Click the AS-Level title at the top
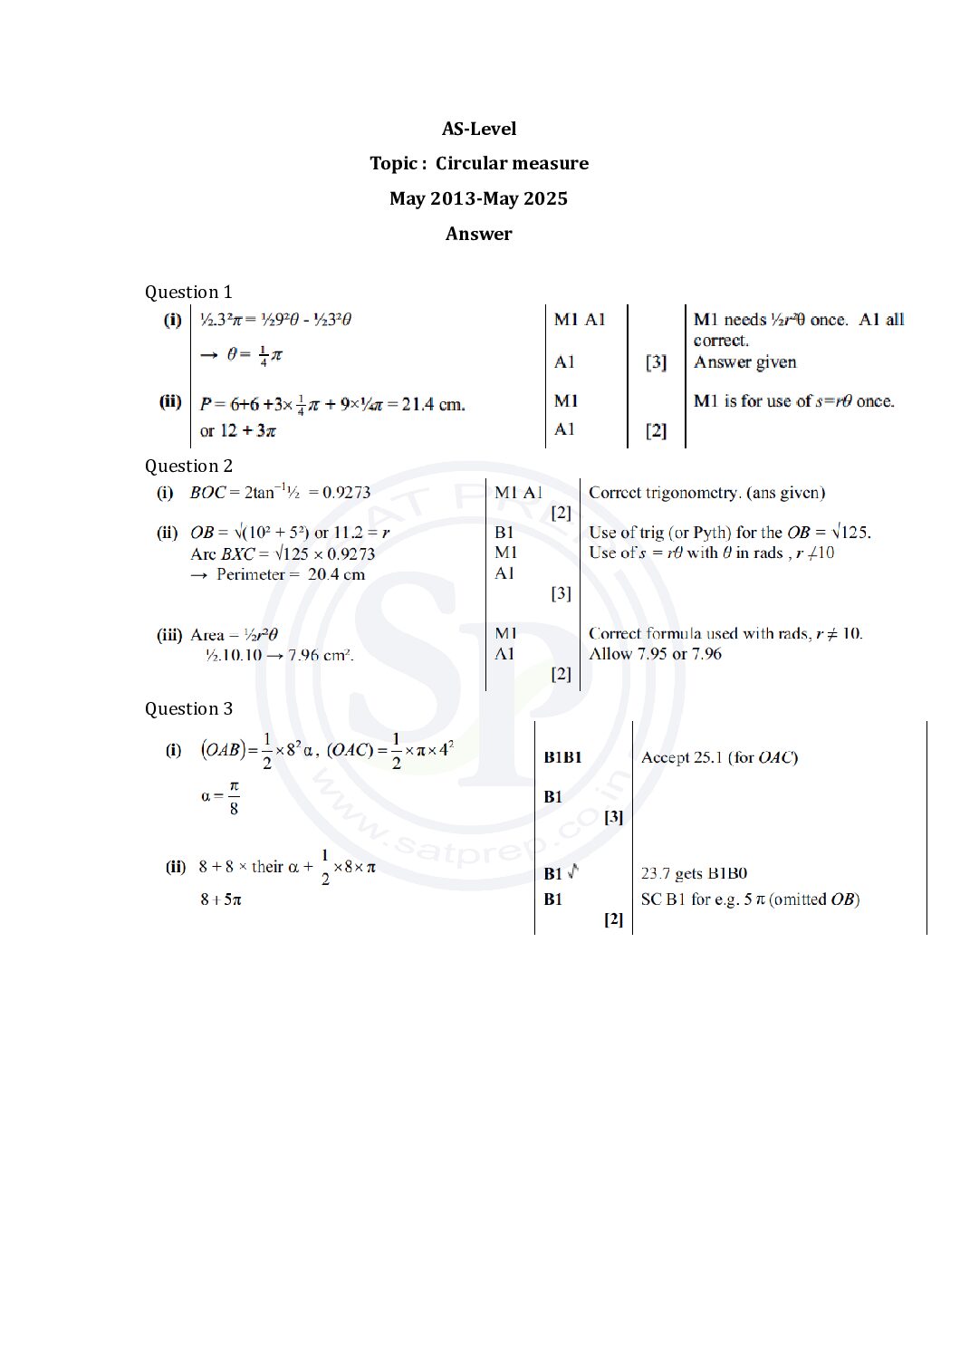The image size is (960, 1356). point(479,129)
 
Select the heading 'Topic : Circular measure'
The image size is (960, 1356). point(479,163)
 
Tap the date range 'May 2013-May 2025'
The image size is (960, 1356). point(479,198)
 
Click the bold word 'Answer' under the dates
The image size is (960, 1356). point(479,234)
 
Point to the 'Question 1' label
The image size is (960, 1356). point(188,292)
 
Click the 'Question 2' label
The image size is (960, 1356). point(188,466)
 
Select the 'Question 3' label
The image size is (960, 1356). point(188,708)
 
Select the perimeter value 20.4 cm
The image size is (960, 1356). point(336,574)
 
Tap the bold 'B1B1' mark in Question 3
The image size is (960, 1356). point(562,757)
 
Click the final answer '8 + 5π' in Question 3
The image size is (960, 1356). point(220,899)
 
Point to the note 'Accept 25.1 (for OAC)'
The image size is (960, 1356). point(719,757)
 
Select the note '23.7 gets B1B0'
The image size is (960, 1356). point(694,874)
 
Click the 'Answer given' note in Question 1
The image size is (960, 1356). point(744,362)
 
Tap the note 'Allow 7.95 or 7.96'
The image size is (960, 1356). point(655,654)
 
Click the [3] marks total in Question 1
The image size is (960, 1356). point(656,362)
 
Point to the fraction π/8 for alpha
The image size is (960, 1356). point(234,797)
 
